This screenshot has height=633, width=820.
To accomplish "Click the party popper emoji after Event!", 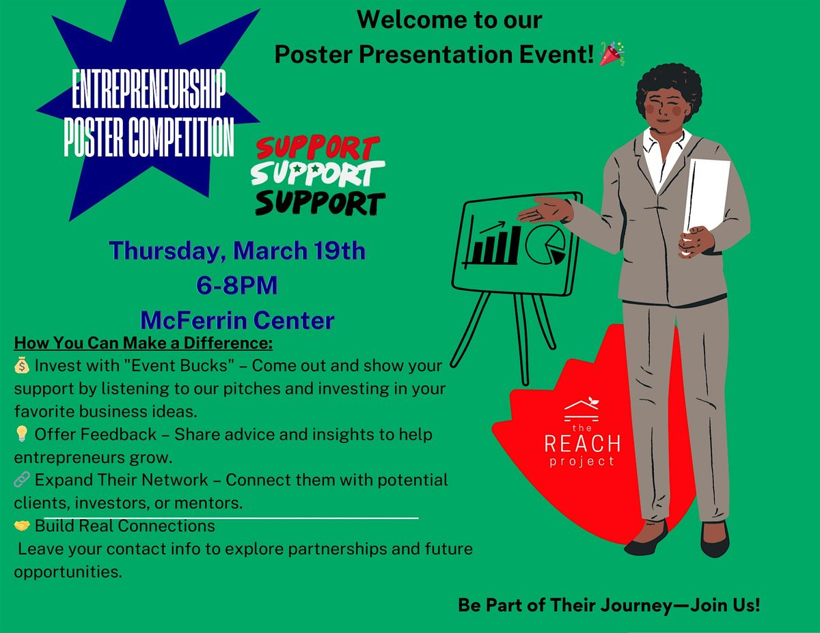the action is tap(612, 53).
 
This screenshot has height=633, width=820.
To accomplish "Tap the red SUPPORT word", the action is tap(318, 147).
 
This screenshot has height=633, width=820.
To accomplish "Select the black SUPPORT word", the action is tap(320, 203).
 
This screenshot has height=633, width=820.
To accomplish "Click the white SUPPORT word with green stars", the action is tap(318, 173).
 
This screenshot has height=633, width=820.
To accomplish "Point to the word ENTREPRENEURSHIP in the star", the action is tap(149, 89).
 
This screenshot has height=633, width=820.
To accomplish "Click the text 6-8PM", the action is tap(237, 285).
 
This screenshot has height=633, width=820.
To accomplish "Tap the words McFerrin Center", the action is tap(237, 320).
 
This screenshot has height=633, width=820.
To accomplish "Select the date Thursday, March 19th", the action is tap(237, 251).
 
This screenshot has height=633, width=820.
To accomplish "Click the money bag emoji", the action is tap(21, 365).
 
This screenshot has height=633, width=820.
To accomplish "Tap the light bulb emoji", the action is tap(21, 434).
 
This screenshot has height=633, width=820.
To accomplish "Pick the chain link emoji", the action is tap(21, 480).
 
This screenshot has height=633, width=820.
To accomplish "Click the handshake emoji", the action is tap(21, 526).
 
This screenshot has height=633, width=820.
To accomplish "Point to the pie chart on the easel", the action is tap(545, 244).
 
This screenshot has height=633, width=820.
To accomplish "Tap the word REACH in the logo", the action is tap(582, 444).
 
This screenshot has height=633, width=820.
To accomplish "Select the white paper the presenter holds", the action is tap(706, 196).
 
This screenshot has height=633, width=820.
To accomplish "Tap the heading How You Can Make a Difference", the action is tap(143, 343).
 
